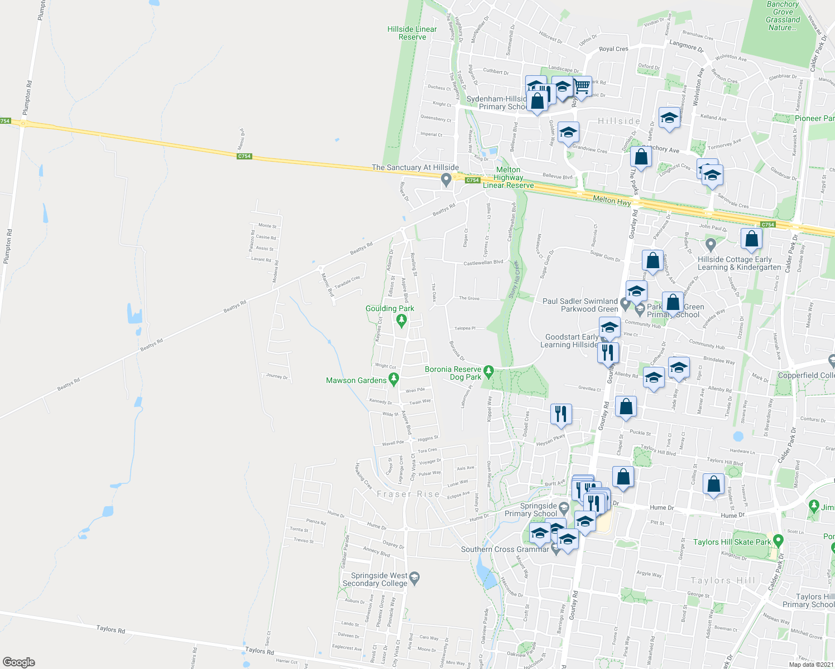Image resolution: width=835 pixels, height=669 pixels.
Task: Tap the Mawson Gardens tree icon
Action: (x=393, y=380)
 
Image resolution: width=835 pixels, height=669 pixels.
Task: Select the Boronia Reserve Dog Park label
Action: (x=453, y=374)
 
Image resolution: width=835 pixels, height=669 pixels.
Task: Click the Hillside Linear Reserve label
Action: (x=412, y=33)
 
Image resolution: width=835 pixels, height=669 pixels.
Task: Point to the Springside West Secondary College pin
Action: (x=414, y=577)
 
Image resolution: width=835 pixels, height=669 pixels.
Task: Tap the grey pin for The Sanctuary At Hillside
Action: (x=446, y=180)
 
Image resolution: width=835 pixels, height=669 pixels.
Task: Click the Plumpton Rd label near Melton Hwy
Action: (x=26, y=98)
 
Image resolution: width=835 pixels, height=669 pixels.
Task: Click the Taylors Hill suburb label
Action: (x=723, y=580)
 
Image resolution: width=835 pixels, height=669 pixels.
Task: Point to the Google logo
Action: (x=19, y=662)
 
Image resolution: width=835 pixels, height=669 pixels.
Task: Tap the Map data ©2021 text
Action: (x=810, y=664)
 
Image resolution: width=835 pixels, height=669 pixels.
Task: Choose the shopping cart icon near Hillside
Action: (x=582, y=87)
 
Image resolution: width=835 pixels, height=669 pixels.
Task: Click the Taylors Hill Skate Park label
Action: (x=732, y=542)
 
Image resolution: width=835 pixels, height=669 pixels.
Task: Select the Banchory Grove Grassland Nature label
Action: (x=783, y=16)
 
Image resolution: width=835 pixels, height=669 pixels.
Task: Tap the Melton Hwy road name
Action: (x=612, y=200)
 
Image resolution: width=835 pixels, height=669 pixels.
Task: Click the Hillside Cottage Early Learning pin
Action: (x=711, y=244)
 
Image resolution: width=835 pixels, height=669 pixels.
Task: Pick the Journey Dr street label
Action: (x=277, y=376)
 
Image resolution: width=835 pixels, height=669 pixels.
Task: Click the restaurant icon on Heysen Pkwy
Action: (x=561, y=414)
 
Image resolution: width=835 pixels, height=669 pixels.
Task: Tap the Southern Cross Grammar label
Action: (x=505, y=549)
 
